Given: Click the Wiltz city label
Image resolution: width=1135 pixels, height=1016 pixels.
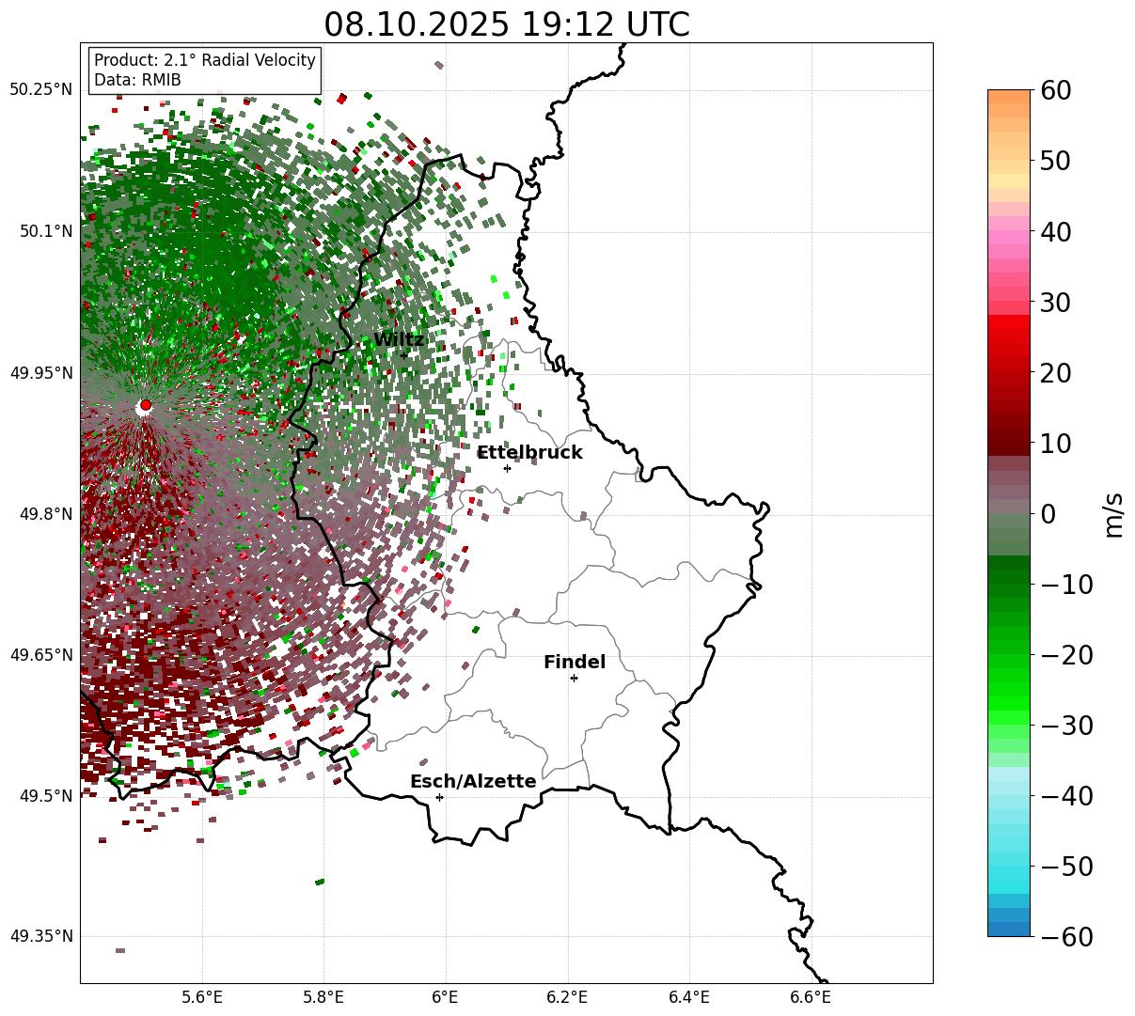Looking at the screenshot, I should [x=399, y=340].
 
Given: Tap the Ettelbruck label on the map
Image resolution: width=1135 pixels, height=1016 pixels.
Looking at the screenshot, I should [x=529, y=453].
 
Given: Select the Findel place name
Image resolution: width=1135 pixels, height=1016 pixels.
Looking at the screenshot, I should [x=574, y=663].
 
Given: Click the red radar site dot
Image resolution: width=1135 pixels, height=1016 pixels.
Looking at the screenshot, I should [x=145, y=405].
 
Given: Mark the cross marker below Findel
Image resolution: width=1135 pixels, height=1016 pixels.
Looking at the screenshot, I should [x=574, y=678].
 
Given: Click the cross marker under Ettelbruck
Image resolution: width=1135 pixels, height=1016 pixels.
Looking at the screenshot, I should [x=507, y=468].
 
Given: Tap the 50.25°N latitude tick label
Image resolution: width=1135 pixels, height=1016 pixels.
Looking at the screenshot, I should [x=40, y=90].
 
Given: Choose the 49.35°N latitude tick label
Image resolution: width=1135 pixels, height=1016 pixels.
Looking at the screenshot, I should [x=40, y=937].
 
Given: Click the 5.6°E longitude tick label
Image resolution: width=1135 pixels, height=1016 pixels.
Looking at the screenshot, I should [x=202, y=996].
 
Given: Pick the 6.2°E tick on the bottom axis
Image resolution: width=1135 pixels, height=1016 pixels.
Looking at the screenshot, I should [x=567, y=996].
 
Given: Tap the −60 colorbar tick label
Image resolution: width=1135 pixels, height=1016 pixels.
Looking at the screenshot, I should [x=1067, y=937].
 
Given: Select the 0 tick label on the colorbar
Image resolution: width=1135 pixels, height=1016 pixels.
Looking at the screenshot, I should [x=1048, y=514].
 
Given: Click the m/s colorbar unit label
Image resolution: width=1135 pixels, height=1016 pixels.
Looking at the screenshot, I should [x=1113, y=514].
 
